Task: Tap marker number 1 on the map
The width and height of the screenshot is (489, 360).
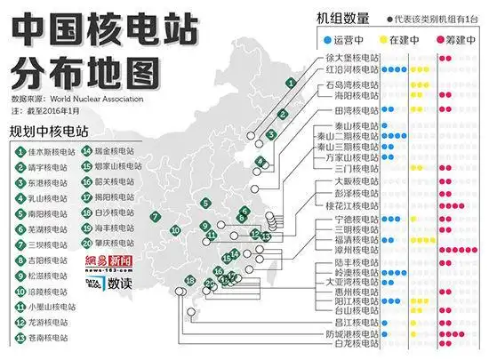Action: click(x=290, y=82)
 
